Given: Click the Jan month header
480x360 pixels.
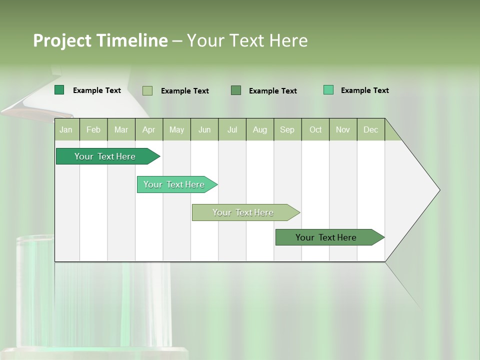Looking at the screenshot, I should tap(66, 129).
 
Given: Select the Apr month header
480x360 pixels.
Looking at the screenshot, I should tap(149, 129).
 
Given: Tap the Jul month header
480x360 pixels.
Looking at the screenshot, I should tap(232, 129).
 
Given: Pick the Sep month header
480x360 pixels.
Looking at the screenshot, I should tap(287, 129).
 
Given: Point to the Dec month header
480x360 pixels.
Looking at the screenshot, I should tap(370, 129).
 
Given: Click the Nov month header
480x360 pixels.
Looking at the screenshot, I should tap(343, 129).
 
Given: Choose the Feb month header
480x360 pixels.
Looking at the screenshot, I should tap(93, 129).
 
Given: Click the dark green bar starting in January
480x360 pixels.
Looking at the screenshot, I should tap(105, 156).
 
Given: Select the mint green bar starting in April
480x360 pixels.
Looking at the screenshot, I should tap(174, 184).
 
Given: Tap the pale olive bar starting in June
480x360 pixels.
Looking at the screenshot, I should tap(243, 212).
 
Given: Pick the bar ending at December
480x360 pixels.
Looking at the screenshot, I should tap(326, 237).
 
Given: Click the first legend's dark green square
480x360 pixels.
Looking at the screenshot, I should tap(59, 90).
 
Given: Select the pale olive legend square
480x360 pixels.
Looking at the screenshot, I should tap(147, 90).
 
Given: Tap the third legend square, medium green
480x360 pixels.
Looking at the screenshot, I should tap(236, 90).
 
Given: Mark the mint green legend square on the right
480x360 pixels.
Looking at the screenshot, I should tap(328, 90).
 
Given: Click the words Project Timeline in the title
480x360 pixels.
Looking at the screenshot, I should tap(100, 40).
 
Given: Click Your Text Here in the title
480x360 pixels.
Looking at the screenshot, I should tap(247, 40).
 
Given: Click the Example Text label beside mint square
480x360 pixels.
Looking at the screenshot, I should tap(364, 90).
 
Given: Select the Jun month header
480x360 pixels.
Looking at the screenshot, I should tap(204, 129).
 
